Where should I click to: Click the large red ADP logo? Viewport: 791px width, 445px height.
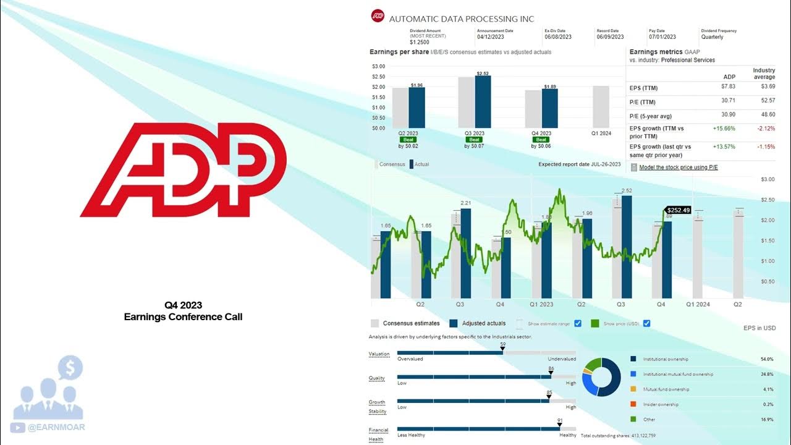point(183,170)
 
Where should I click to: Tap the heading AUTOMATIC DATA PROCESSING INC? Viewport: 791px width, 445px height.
point(461,19)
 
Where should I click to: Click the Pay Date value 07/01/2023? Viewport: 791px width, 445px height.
point(662,37)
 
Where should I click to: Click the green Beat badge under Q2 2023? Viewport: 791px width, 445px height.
point(408,140)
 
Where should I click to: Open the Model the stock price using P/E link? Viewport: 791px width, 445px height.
point(678,167)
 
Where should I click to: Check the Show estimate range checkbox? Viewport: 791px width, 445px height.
point(578,323)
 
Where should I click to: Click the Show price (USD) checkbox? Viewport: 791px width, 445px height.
point(647,323)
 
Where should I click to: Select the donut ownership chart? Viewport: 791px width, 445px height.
point(601,377)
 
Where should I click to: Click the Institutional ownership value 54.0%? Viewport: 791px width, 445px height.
point(767,359)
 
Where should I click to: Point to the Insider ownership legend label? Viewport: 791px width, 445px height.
point(661,404)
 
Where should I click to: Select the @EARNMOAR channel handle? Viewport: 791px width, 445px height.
point(56,427)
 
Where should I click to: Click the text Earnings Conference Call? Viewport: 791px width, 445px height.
point(183,316)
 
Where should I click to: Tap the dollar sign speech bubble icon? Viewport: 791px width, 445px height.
point(70,369)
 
